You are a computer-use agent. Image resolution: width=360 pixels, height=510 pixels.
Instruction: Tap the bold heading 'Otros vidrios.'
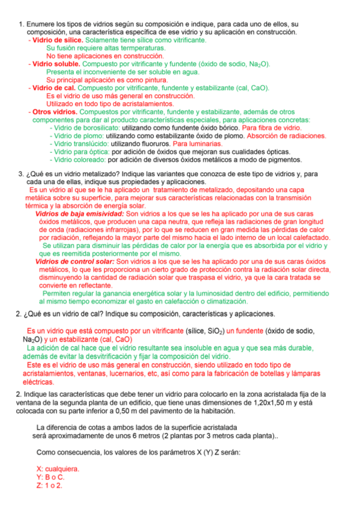coord(55,112)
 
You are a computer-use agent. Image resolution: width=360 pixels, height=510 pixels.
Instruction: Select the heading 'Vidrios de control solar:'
coord(75,262)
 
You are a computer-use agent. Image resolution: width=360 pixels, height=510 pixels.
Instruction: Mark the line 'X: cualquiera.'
coord(58,469)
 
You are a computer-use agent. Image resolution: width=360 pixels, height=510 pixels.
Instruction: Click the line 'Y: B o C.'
coord(50,477)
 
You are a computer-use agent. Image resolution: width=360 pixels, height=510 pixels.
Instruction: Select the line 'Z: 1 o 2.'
coord(49,485)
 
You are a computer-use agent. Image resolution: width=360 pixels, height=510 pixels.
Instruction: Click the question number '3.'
coord(20,174)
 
